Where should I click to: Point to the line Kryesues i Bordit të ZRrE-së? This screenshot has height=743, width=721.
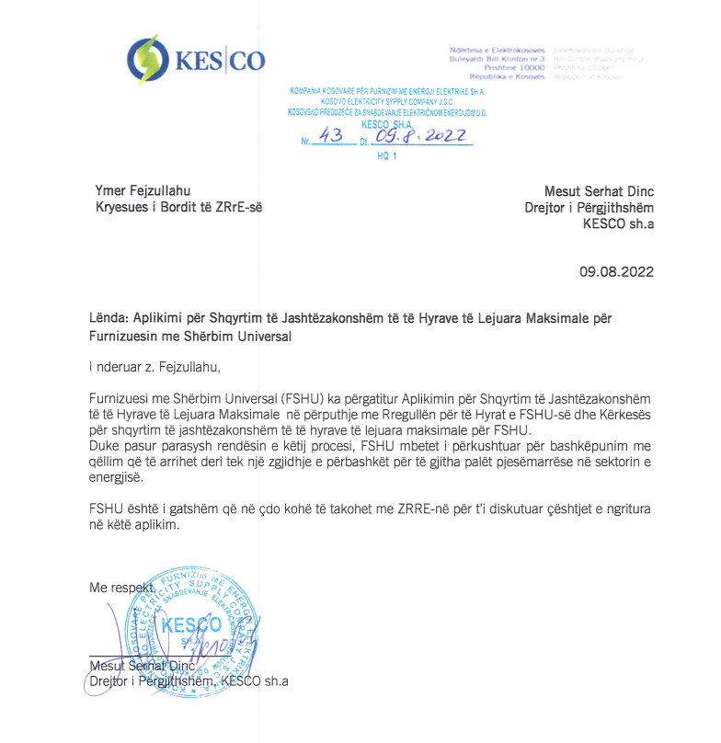pos(179,207)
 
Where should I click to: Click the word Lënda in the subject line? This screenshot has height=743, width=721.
pos(109,318)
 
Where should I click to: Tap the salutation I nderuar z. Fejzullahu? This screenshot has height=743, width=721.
pos(155,368)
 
